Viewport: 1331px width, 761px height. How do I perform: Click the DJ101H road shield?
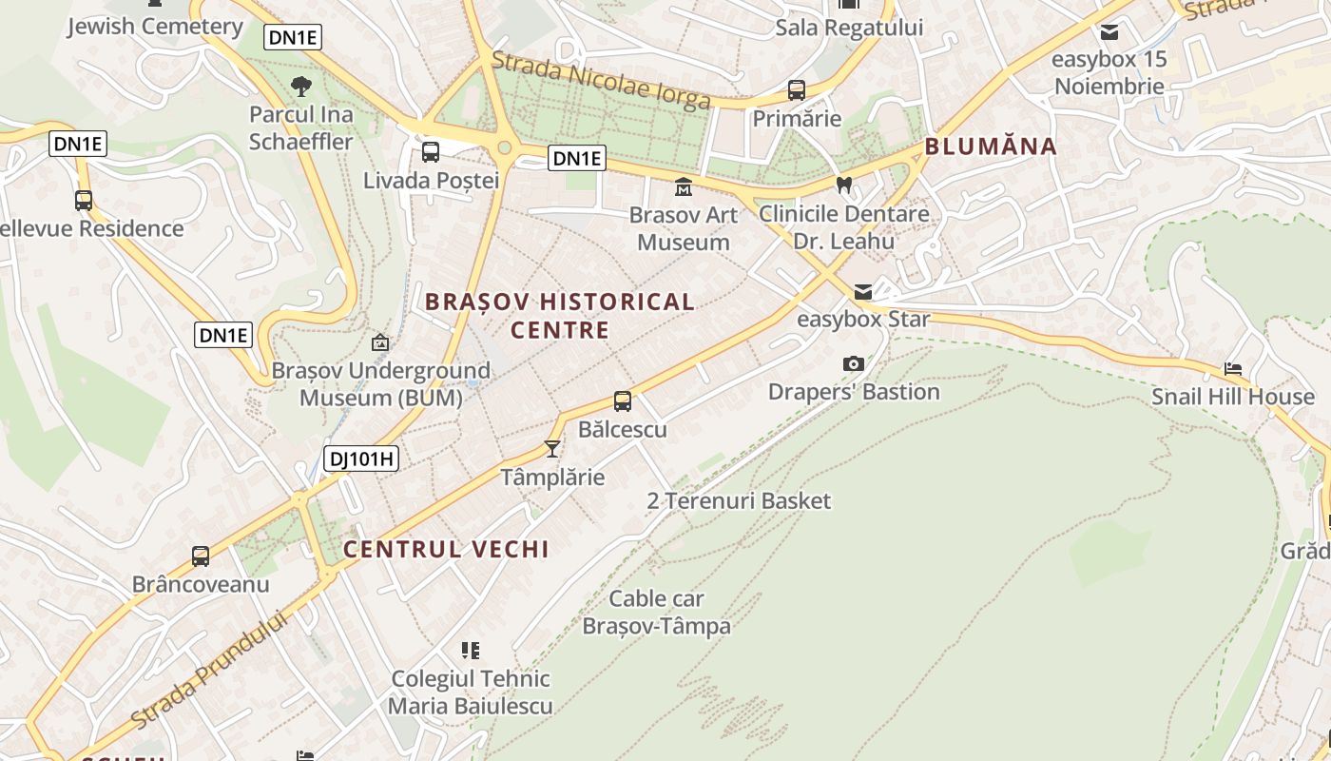pyautogui.click(x=361, y=459)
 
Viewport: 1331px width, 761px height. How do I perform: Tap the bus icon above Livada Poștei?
pyautogui.click(x=431, y=152)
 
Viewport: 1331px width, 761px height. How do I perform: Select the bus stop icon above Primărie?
pyautogui.click(x=797, y=90)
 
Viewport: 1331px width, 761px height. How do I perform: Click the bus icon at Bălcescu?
pyautogui.click(x=623, y=401)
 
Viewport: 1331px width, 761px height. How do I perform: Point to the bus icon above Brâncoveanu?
pyautogui.click(x=201, y=556)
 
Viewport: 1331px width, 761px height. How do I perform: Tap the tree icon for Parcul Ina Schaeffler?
pyautogui.click(x=301, y=87)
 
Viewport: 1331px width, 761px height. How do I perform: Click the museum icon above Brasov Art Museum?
pyautogui.click(x=684, y=186)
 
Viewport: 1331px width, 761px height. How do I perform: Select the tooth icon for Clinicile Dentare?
pyautogui.click(x=843, y=185)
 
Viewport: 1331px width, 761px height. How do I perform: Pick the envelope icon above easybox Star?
pyautogui.click(x=863, y=291)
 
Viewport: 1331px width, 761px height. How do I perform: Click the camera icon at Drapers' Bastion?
pyautogui.click(x=854, y=363)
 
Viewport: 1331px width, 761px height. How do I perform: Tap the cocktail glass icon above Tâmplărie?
pyautogui.click(x=552, y=448)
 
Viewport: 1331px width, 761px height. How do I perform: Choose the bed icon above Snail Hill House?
pyautogui.click(x=1233, y=368)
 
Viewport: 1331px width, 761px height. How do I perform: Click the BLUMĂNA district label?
pyautogui.click(x=991, y=146)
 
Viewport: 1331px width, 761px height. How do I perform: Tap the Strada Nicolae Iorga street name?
pyautogui.click(x=601, y=81)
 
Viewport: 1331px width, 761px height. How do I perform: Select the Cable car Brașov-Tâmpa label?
pyautogui.click(x=657, y=613)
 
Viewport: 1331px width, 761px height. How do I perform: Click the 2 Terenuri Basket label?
pyautogui.click(x=739, y=500)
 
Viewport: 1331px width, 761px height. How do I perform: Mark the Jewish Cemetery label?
pyautogui.click(x=155, y=27)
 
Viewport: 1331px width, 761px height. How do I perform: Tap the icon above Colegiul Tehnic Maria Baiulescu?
pyautogui.click(x=471, y=651)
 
